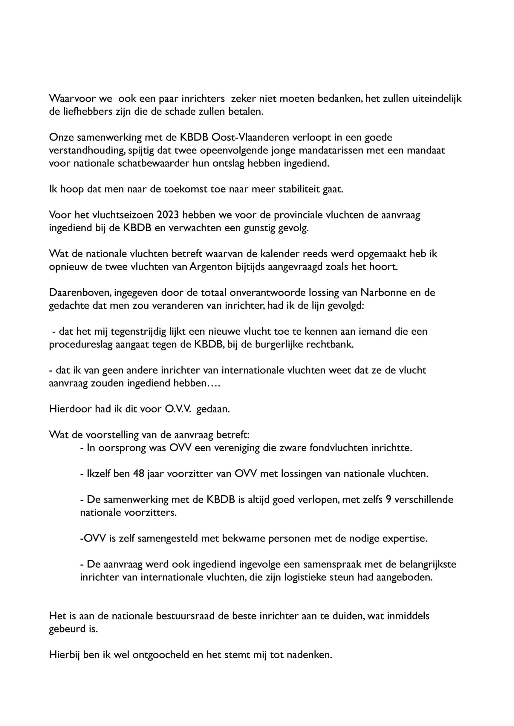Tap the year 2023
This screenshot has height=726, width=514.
pos(168,215)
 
